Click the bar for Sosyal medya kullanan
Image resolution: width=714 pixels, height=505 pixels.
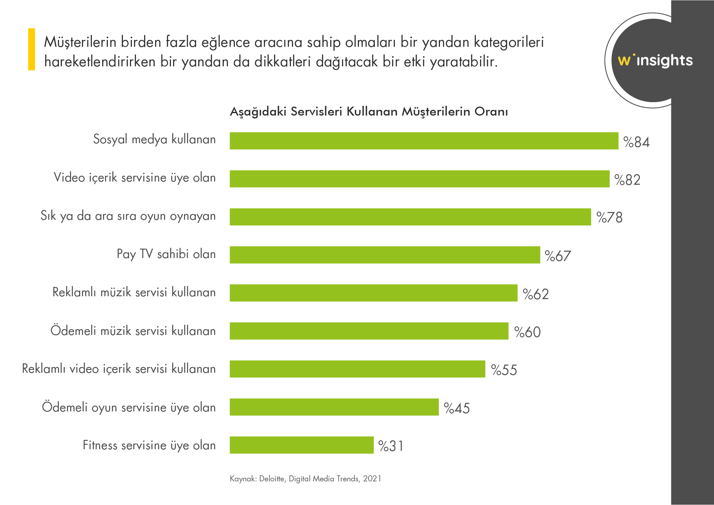423,141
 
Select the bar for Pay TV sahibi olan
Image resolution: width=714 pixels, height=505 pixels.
385,255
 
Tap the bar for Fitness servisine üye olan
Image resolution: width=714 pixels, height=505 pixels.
301,445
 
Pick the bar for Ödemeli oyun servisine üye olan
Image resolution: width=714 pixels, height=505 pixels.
334,407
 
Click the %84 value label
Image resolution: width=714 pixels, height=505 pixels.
636,142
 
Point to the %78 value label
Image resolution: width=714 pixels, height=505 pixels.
609,217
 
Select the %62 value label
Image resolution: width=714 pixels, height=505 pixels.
536,294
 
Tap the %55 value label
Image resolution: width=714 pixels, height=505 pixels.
504,370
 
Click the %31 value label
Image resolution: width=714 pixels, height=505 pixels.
391,446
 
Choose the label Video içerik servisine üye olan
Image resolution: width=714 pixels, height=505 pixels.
134,178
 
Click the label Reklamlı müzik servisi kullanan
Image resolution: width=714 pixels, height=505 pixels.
134,292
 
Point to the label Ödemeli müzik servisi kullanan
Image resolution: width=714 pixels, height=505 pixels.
133,330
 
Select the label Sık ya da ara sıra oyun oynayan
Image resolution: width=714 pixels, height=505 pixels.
128,216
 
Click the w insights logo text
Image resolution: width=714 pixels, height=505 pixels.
655,60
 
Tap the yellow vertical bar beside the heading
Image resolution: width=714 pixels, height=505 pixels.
31,49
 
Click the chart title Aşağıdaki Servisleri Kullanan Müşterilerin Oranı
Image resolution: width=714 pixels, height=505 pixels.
369,111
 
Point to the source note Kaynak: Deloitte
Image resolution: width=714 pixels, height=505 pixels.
305,479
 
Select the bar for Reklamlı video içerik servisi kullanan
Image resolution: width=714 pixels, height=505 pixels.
357,369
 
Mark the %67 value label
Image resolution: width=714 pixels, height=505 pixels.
558,256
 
